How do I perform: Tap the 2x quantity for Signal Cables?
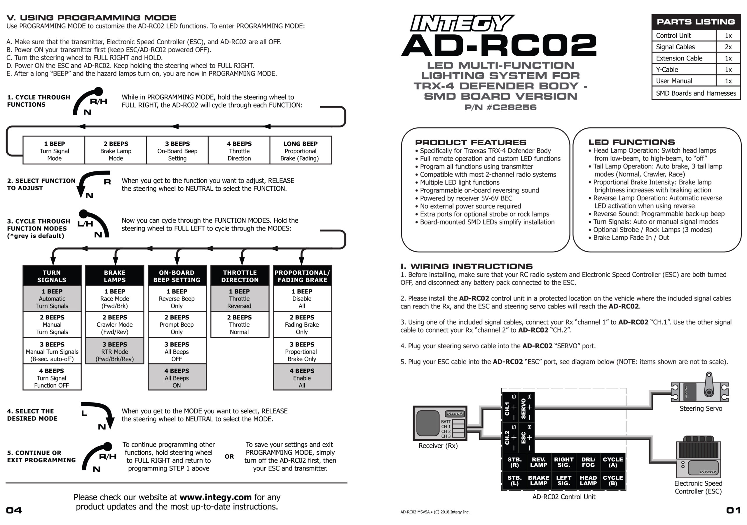(x=728, y=47)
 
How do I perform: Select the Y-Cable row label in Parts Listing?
(x=667, y=70)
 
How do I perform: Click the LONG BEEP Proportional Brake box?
(x=300, y=151)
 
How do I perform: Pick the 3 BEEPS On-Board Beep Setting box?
(x=177, y=151)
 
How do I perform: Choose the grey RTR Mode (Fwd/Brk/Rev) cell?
(x=114, y=351)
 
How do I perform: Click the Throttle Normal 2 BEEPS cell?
(x=240, y=324)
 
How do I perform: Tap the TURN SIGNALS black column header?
(x=52, y=276)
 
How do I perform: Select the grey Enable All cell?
(x=302, y=378)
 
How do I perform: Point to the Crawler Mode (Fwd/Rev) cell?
(x=114, y=324)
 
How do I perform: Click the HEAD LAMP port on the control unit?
(x=588, y=480)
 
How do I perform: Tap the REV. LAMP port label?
(x=538, y=462)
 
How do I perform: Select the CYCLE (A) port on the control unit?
(x=613, y=462)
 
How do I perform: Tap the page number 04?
(x=14, y=510)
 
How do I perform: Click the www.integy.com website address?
(x=215, y=497)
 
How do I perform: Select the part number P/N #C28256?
(x=500, y=107)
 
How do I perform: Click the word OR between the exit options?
(x=229, y=456)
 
